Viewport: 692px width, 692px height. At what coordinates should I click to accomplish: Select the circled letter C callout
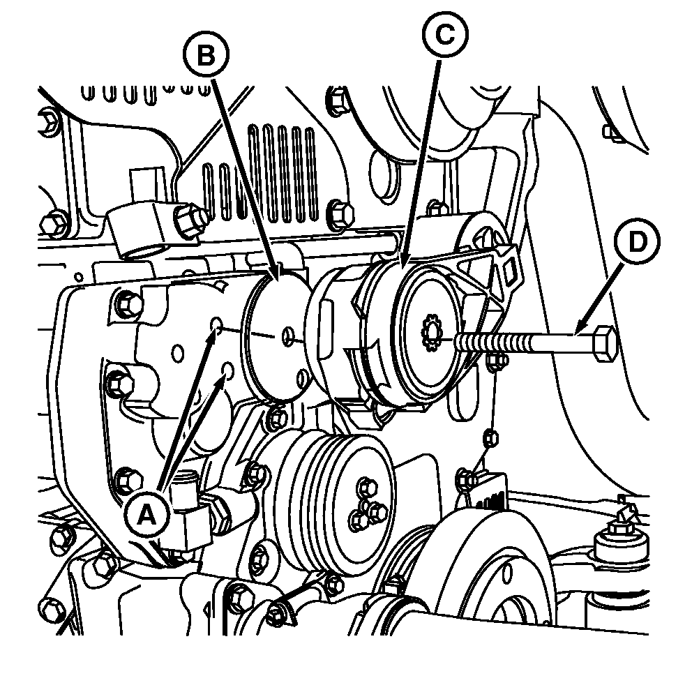click(445, 34)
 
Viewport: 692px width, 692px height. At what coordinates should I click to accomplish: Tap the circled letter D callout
click(638, 241)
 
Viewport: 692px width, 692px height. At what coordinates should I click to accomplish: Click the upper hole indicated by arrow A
click(217, 324)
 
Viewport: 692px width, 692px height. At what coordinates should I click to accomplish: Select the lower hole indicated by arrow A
click(227, 370)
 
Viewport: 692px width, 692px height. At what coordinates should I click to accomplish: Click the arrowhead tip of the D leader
click(576, 333)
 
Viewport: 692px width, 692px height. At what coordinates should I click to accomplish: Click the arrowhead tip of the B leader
click(278, 280)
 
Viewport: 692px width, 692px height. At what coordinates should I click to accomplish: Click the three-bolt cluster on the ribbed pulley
click(365, 502)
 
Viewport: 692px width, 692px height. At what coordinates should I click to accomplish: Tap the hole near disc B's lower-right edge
click(303, 378)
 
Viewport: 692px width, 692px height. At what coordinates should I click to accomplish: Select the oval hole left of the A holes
click(178, 354)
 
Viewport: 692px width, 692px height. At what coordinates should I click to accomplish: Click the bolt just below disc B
click(277, 419)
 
